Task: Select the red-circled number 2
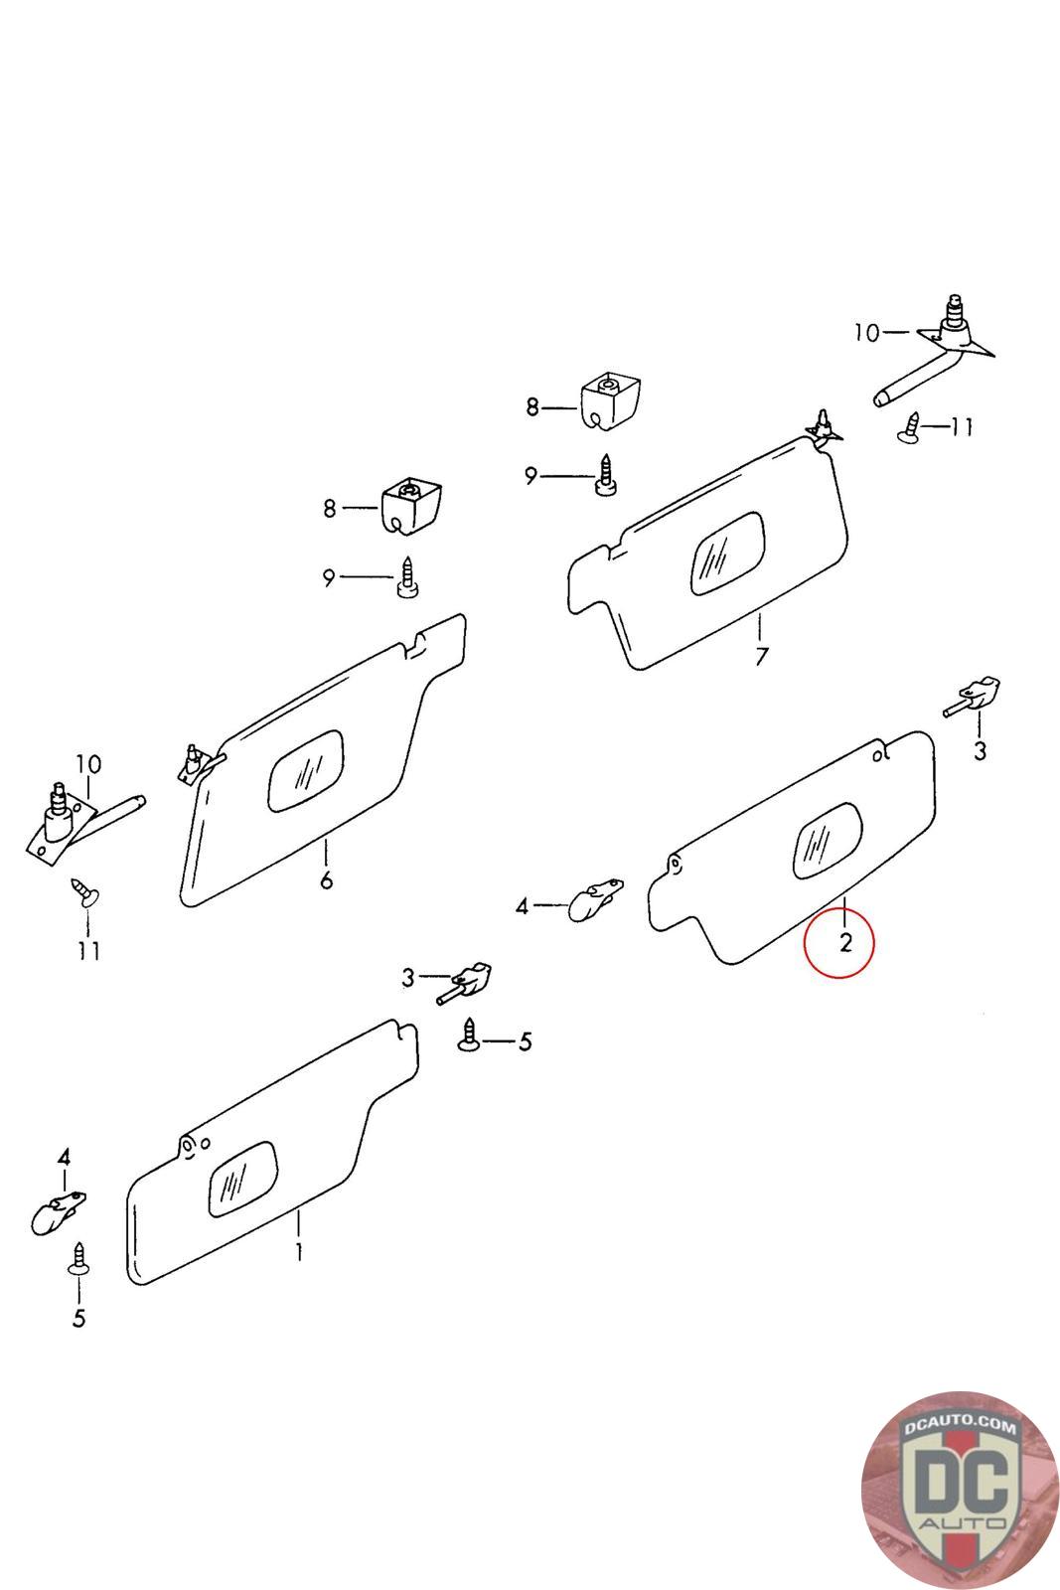tap(844, 943)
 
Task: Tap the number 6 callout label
tap(326, 880)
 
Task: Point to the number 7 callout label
tap(761, 657)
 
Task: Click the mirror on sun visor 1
tap(241, 1179)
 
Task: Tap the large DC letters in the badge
tap(960, 1489)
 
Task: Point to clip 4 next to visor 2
tap(593, 899)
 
